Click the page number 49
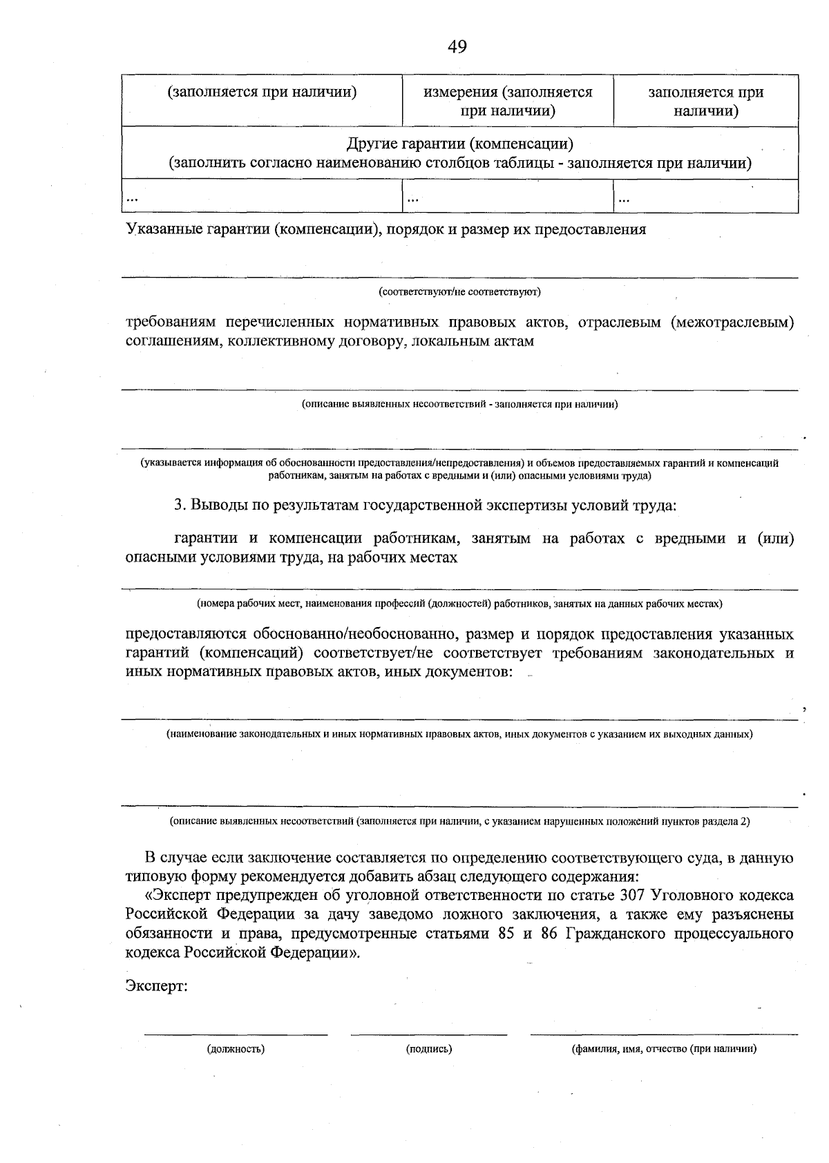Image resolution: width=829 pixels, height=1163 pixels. (457, 46)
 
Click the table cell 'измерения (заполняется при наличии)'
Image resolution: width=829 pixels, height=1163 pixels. (508, 101)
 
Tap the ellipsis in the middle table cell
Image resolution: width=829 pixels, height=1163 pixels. (413, 199)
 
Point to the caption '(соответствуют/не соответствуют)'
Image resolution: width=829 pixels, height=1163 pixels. (459, 291)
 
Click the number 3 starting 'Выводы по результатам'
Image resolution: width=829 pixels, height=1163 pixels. (178, 505)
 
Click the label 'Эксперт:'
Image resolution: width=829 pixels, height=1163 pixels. (157, 986)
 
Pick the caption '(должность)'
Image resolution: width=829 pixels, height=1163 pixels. (236, 1049)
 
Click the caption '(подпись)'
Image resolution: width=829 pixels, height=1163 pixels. (429, 1049)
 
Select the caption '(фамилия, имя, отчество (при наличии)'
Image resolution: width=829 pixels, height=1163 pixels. (663, 1049)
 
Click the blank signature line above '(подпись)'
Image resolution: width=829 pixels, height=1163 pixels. (429, 1034)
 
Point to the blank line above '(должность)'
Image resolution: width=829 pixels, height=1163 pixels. (236, 1034)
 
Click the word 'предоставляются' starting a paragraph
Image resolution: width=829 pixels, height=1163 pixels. (181, 634)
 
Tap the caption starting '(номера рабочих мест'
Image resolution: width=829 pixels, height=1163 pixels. (459, 604)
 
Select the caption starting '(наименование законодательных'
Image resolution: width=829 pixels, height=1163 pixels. (459, 733)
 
